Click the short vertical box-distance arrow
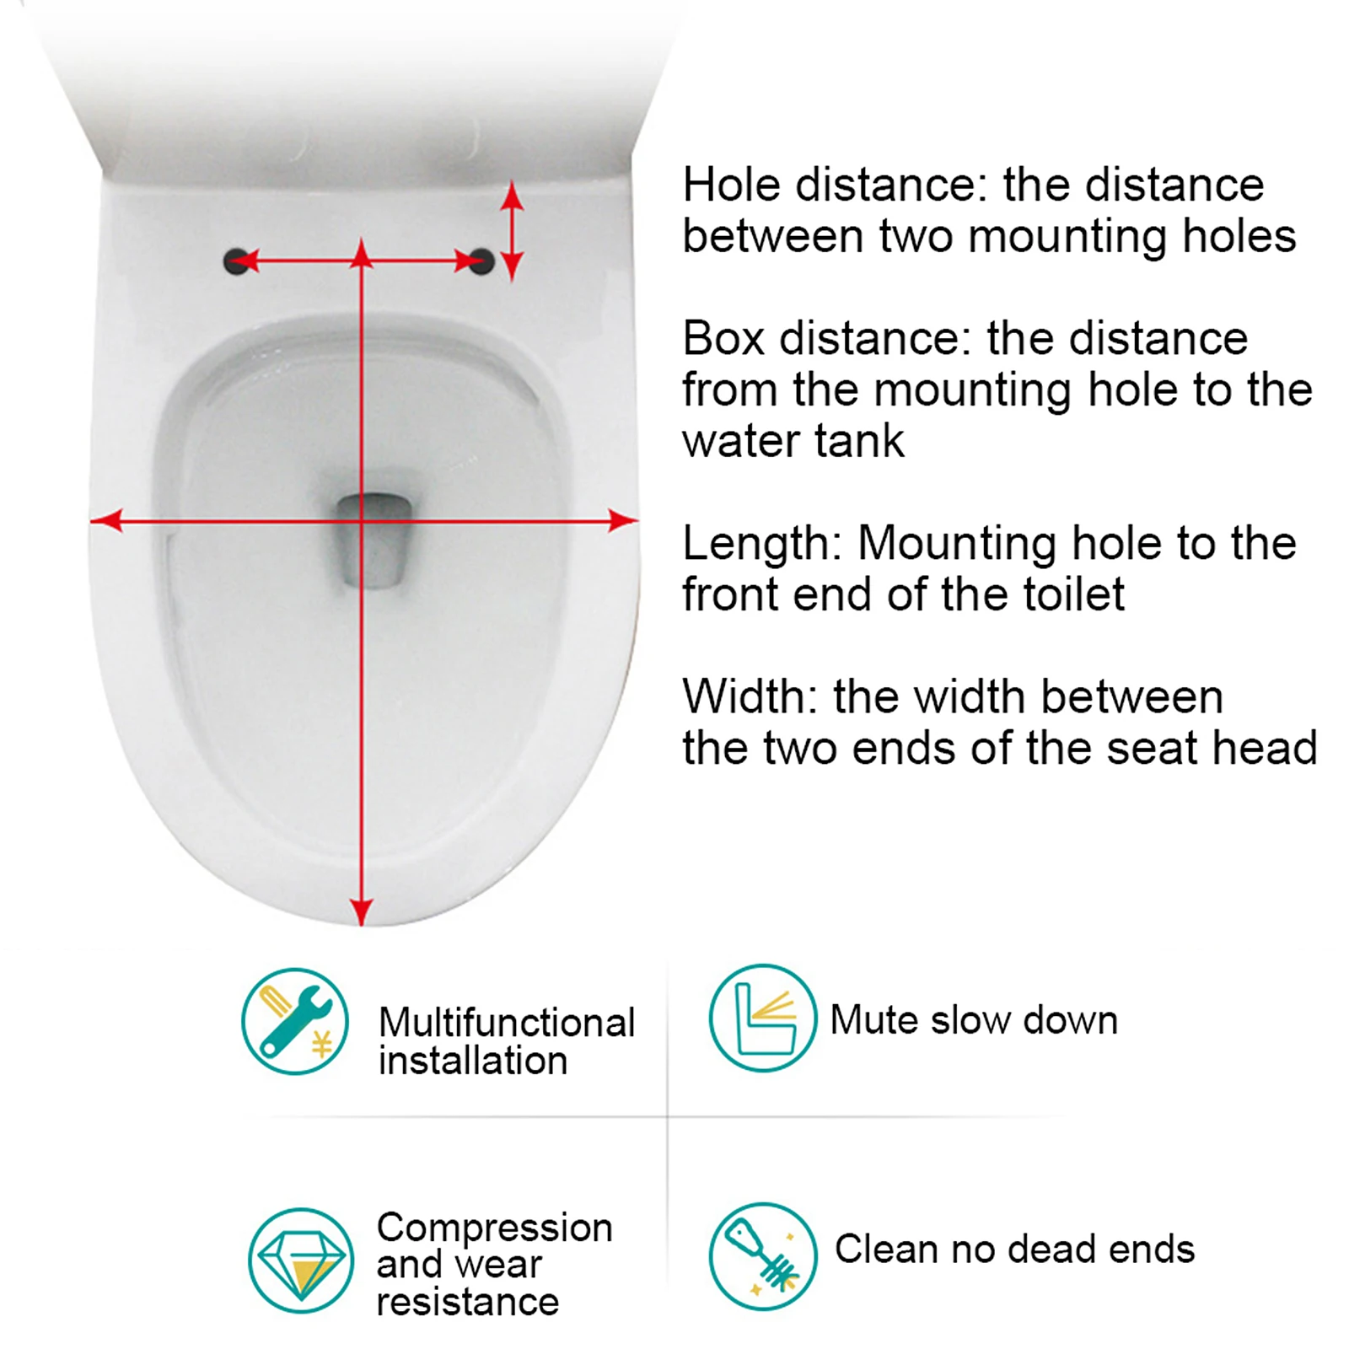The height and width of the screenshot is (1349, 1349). pyautogui.click(x=512, y=230)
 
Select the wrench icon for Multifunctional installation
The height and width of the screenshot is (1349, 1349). pyautogui.click(x=294, y=1021)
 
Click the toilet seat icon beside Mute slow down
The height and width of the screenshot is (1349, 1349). pyautogui.click(x=762, y=1018)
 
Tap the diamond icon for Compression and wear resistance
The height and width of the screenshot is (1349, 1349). pyautogui.click(x=301, y=1260)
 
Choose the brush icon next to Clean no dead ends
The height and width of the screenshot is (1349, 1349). pyautogui.click(x=762, y=1256)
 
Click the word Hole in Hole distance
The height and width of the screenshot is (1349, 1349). pyautogui.click(x=732, y=185)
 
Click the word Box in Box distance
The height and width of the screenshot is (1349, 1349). pyautogui.click(x=723, y=338)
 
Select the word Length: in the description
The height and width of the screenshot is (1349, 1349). pyautogui.click(x=762, y=544)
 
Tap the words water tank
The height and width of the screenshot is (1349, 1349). pyautogui.click(x=793, y=441)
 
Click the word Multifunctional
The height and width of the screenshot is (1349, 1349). pyautogui.click(x=506, y=1023)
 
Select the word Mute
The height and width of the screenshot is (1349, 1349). pyautogui.click(x=873, y=1020)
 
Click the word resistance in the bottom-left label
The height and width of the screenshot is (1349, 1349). pyautogui.click(x=467, y=1302)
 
